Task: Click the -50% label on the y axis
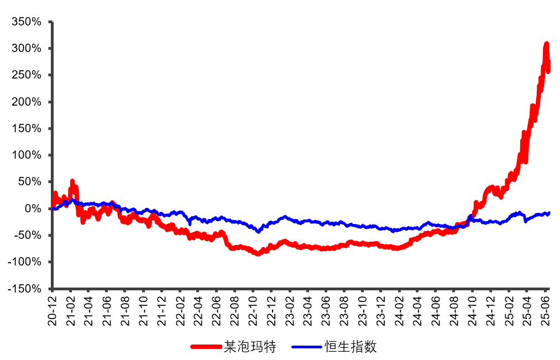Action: [x=28, y=236]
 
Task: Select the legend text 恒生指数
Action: [x=351, y=347]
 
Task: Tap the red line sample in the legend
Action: [x=206, y=347]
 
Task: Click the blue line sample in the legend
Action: [x=307, y=347]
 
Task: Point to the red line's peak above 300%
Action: [x=546, y=44]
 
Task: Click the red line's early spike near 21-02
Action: [x=72, y=181]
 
